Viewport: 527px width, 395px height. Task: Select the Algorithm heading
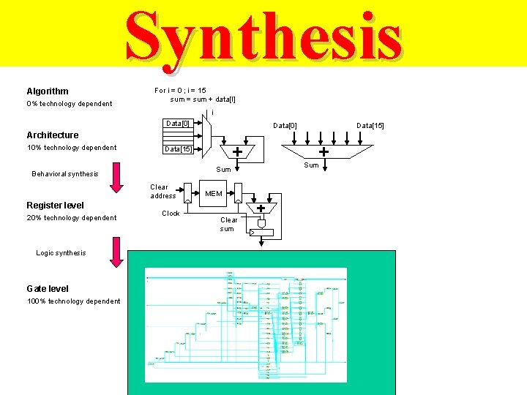48,91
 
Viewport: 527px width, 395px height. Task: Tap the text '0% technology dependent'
70,104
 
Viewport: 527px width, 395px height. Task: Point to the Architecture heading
52,135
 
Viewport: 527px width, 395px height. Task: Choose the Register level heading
55,206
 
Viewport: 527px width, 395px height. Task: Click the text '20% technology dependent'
72,218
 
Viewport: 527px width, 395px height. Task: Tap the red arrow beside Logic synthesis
114,252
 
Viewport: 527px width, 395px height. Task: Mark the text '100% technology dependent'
74,301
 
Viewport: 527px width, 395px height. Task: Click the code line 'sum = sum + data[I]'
203,99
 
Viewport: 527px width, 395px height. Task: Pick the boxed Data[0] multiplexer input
177,124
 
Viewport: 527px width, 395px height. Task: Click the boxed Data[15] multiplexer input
177,149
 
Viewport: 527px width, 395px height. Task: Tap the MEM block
214,194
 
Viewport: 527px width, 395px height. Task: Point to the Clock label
171,214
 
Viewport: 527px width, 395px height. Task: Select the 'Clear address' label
163,192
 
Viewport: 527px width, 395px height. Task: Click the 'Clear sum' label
228,224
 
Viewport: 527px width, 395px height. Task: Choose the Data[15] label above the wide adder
370,126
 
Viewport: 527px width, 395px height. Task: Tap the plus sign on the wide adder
323,151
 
